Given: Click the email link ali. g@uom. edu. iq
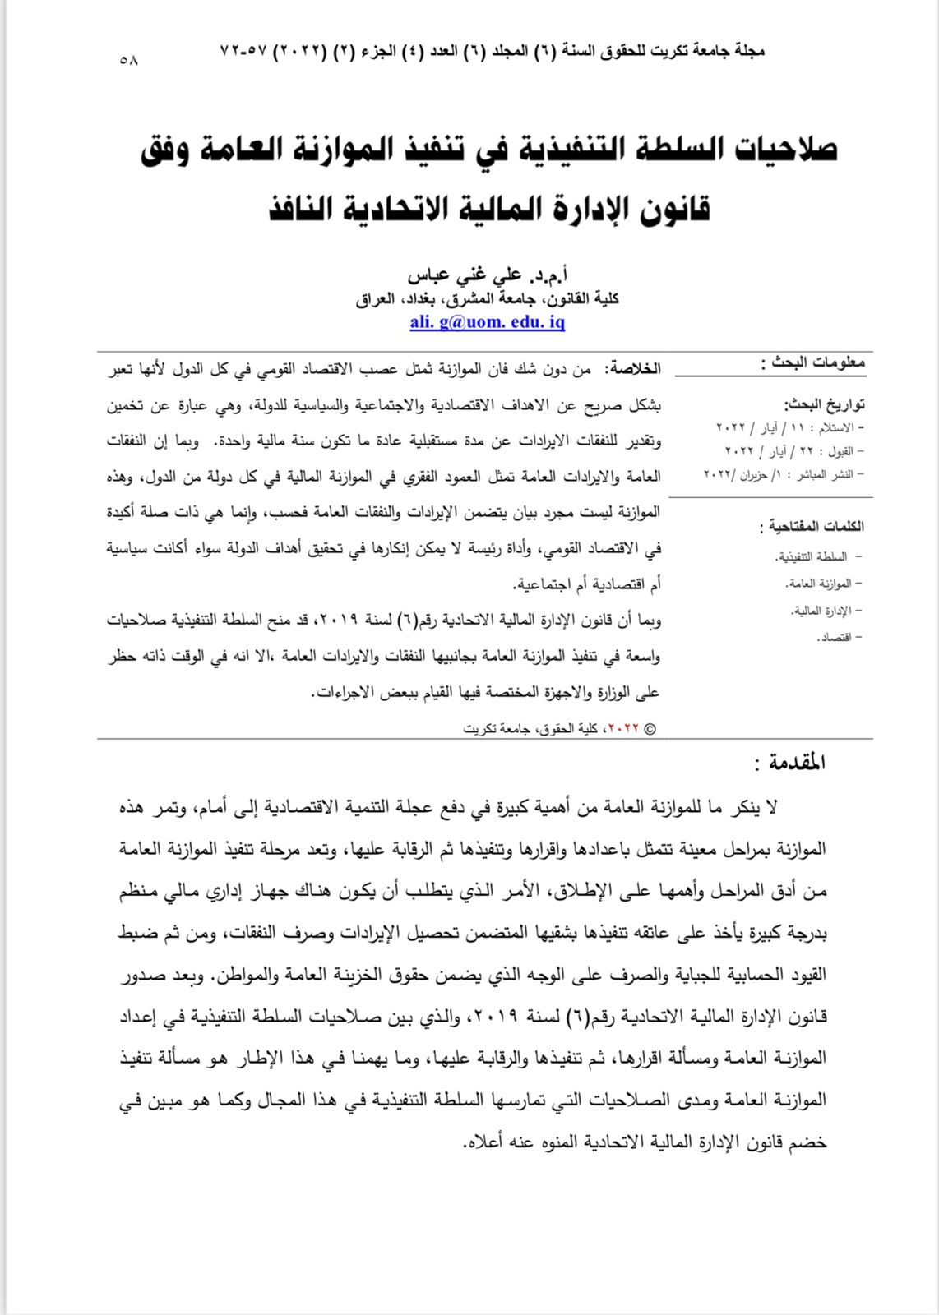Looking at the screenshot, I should pyautogui.click(x=487, y=321).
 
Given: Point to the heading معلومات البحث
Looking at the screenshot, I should pyautogui.click(x=813, y=362).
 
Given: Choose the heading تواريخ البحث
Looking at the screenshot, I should pyautogui.click(x=825, y=404).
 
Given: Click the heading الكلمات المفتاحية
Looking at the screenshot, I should pyautogui.click(x=812, y=526).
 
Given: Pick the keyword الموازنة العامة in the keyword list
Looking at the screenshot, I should pyautogui.click(x=820, y=584).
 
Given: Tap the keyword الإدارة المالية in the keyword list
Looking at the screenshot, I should pyautogui.click(x=822, y=611).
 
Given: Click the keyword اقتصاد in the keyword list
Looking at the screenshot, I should pyautogui.click(x=835, y=637).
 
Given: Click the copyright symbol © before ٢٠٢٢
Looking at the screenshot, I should pyautogui.click(x=650, y=729).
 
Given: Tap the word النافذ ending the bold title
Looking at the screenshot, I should pyautogui.click(x=316, y=209).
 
